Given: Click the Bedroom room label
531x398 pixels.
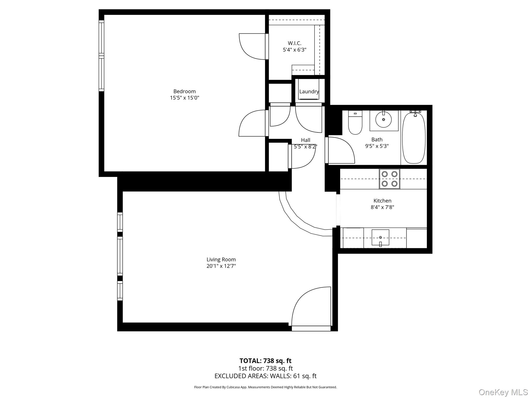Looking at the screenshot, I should [184, 91].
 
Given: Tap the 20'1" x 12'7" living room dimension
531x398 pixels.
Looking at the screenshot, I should [221, 266].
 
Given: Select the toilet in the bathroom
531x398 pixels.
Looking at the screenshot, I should [355, 123].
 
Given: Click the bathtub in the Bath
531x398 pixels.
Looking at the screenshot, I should [414, 137].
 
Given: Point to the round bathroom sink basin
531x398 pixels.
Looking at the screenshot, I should [383, 120].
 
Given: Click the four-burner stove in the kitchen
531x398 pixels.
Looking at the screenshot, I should [389, 179].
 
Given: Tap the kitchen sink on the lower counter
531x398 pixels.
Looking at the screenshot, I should [380, 237].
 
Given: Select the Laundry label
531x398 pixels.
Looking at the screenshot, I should [309, 91].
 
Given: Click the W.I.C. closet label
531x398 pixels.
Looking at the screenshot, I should [295, 43].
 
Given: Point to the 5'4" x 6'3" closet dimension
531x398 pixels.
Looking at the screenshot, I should [295, 50].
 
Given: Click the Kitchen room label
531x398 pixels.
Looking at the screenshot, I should [382, 201].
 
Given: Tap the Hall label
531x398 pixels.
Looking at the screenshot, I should [305, 140].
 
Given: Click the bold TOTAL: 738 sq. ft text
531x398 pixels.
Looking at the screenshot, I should [265, 361].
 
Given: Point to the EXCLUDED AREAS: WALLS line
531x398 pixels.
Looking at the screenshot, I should [265, 376].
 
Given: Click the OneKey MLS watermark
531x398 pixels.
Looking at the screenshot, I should [503, 392].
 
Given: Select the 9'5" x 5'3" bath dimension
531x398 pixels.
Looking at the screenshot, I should [377, 146].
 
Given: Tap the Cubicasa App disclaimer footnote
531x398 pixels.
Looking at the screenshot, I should [265, 387].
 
